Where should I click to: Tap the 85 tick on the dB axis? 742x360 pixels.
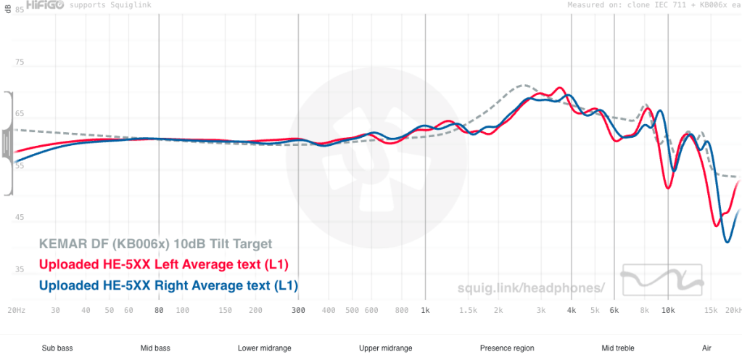point(19,12)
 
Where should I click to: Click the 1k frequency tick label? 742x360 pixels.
point(425,311)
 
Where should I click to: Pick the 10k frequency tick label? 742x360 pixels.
point(667,311)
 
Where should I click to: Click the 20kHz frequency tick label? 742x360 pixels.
point(733,311)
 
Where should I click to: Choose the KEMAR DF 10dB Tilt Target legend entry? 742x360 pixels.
point(155,245)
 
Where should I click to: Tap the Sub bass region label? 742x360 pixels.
point(57,348)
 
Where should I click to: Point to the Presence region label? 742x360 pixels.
point(506,348)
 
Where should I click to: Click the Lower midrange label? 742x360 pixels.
point(264,348)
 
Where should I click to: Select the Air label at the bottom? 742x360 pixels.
point(706,348)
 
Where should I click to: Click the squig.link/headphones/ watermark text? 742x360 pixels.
point(531,287)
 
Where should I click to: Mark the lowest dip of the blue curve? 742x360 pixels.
point(727,242)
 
